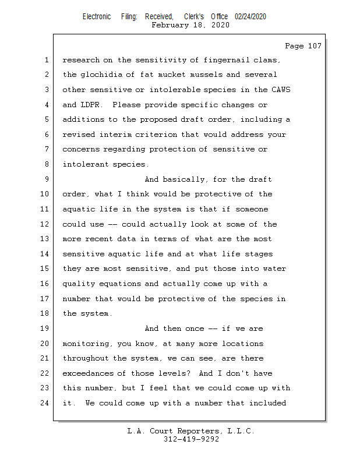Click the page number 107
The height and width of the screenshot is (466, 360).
[314, 46]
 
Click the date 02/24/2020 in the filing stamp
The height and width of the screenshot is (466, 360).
[250, 17]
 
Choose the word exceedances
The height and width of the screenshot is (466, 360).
[87, 373]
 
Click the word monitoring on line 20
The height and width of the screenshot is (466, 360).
[85, 344]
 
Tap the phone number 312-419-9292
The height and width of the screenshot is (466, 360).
[191, 439]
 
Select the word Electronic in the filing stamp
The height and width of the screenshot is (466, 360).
[97, 17]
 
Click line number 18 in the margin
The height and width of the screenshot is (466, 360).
[45, 313]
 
